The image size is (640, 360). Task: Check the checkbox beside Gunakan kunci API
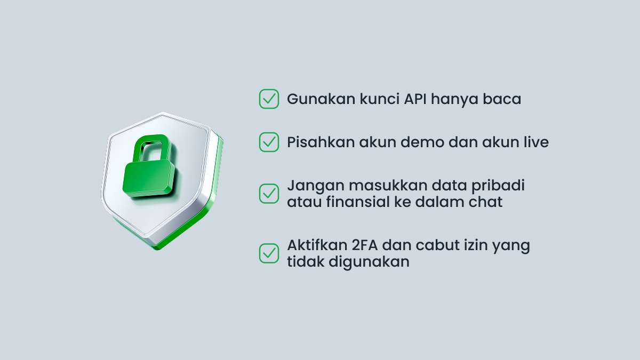tap(269, 99)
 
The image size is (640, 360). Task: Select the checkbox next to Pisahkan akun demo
tap(269, 142)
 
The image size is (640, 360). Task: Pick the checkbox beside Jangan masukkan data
tap(269, 194)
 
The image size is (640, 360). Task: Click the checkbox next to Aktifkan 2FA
tap(269, 253)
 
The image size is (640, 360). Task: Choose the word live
tap(535, 142)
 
